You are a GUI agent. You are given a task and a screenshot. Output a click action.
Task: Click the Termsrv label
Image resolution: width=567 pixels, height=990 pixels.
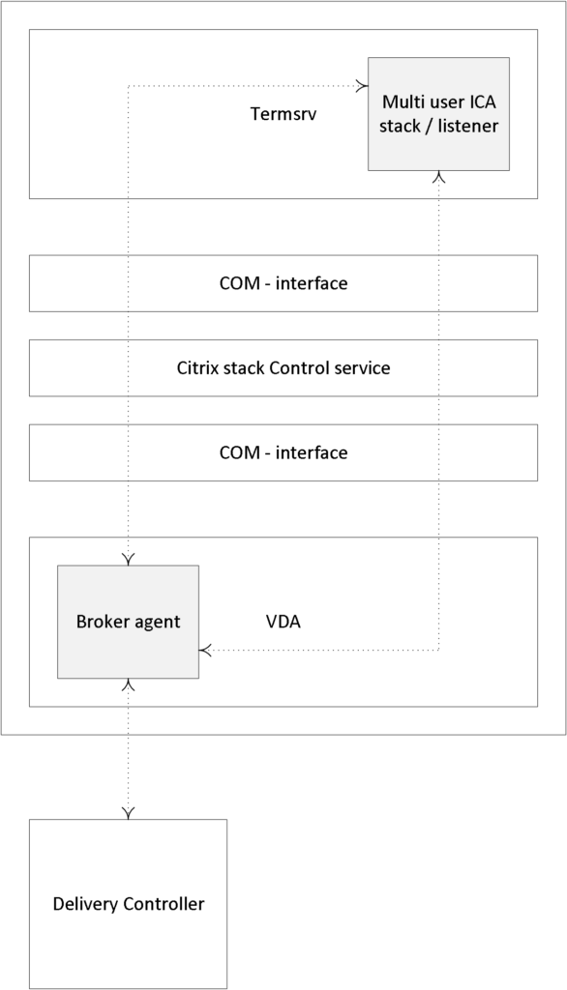coord(283,114)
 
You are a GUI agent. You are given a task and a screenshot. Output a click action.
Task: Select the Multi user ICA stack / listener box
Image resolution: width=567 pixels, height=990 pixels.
coord(438,114)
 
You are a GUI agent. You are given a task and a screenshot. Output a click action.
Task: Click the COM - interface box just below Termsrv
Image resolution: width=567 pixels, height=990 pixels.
coord(283,283)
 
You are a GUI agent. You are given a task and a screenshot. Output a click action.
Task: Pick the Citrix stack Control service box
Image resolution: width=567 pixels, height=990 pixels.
coord(283,368)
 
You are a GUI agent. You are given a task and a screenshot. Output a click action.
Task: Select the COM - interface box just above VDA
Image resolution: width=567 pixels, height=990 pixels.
coord(283,452)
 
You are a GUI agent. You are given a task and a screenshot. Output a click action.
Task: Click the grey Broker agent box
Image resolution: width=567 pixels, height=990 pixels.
coord(129,622)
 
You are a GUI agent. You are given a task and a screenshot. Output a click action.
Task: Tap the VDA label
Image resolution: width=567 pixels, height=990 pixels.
coord(283,622)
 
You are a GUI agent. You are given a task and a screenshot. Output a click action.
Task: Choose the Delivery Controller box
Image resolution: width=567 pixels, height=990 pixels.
coord(129,904)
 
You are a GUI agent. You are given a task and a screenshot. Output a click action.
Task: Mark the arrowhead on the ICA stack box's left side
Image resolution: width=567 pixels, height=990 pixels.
coord(363,85)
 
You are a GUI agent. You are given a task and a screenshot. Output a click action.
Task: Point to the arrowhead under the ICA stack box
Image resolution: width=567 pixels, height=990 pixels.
coord(438,177)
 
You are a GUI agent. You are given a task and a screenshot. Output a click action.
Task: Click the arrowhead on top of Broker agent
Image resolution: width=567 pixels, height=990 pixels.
coord(129,560)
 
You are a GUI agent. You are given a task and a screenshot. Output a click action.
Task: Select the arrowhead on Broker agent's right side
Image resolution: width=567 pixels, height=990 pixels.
coord(205,650)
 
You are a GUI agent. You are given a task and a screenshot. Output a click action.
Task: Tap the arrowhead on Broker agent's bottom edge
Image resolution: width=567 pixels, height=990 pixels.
coord(129,685)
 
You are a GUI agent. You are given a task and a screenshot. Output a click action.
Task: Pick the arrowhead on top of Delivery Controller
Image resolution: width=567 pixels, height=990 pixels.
coord(129,813)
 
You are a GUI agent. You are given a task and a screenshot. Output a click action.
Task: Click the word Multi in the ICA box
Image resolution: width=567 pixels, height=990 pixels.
coord(400,102)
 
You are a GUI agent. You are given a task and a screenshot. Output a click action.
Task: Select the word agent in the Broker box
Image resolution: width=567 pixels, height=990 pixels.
coord(160,623)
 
